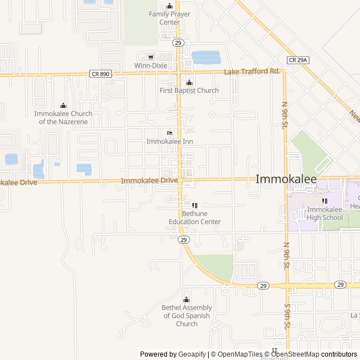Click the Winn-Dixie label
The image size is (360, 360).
[x=151, y=66]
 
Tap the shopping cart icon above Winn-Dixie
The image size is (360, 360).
[x=151, y=57]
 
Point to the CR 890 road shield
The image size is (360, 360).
[x=100, y=73]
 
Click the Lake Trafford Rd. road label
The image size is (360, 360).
[x=252, y=71]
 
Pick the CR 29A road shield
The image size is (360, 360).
[x=298, y=60]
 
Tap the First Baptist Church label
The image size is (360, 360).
[x=189, y=91]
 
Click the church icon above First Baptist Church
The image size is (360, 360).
[x=189, y=82]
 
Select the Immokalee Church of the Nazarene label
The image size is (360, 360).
[x=64, y=117]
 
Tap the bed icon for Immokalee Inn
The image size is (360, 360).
[x=170, y=133]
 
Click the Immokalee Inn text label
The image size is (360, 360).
[x=170, y=141]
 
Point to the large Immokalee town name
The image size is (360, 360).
[x=286, y=179]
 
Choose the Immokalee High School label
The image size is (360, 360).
[x=325, y=213]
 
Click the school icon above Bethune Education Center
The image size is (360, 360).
[x=195, y=205]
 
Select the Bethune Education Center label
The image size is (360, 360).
[x=193, y=218]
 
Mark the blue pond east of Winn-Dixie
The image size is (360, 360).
[x=206, y=57]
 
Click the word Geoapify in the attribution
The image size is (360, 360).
[x=192, y=354]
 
